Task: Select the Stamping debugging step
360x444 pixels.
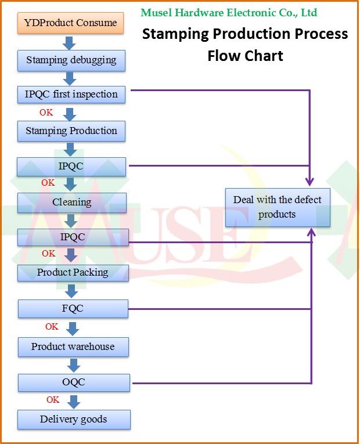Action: point(71,60)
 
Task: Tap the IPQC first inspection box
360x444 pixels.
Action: point(71,94)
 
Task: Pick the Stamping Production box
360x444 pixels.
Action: point(71,131)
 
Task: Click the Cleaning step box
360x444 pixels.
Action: point(72,202)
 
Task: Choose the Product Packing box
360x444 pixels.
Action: point(73,272)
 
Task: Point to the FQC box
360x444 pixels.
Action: point(73,308)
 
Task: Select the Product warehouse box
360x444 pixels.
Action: point(73,346)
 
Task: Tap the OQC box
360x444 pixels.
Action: point(74,382)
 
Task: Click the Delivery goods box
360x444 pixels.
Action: point(74,419)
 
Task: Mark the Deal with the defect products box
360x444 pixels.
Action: point(278,207)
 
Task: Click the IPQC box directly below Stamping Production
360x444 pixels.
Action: point(71,167)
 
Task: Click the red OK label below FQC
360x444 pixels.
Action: point(52,327)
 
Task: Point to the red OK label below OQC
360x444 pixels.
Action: point(53,400)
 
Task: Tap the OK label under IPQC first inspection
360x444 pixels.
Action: point(46,113)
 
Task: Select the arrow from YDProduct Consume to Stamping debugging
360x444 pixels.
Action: point(69,42)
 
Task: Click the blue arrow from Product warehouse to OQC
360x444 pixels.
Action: point(73,364)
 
